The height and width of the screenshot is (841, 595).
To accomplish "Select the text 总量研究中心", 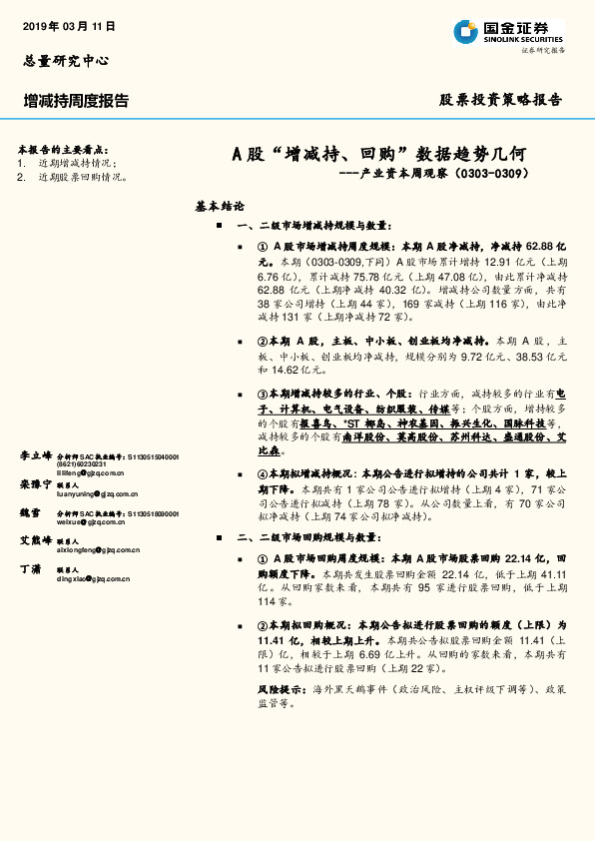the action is [x=65, y=60].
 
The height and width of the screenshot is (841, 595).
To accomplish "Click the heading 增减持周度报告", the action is [x=77, y=100].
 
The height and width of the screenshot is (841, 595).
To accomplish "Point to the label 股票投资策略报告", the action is [x=500, y=100].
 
